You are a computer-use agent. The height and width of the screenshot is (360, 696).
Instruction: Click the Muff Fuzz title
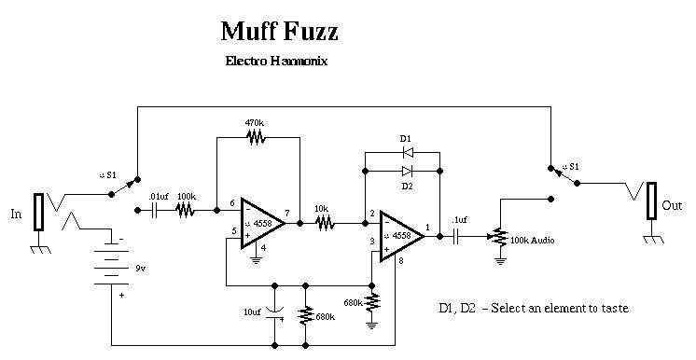click(280, 32)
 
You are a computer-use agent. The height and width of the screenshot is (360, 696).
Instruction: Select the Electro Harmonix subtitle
click(276, 61)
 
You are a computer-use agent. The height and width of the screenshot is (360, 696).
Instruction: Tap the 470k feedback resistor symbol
click(257, 138)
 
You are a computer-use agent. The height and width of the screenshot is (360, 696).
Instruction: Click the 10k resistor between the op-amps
click(326, 223)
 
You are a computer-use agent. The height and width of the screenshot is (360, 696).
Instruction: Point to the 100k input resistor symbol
click(185, 210)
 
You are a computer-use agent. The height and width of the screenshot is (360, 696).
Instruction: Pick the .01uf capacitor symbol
click(155, 210)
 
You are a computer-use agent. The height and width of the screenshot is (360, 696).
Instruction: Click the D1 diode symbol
click(408, 153)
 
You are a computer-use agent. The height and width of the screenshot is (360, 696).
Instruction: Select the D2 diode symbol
click(408, 171)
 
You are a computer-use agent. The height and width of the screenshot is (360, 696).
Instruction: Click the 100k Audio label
click(532, 241)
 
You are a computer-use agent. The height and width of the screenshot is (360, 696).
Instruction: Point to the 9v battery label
click(140, 268)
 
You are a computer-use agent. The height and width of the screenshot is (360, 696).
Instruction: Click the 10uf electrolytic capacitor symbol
click(274, 313)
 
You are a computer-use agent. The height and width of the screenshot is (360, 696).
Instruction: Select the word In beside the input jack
click(16, 214)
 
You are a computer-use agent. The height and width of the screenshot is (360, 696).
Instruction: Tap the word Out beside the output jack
click(672, 205)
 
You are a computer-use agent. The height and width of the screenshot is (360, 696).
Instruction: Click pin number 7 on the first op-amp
click(287, 213)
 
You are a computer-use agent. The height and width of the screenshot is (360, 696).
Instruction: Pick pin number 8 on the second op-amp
click(401, 261)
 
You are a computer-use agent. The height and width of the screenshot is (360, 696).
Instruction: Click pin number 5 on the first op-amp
click(234, 230)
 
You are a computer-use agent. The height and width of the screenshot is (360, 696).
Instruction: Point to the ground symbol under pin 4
click(257, 259)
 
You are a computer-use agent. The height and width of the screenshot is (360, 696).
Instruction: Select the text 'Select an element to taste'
click(560, 308)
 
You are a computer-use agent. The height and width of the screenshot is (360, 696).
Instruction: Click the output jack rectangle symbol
click(651, 201)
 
